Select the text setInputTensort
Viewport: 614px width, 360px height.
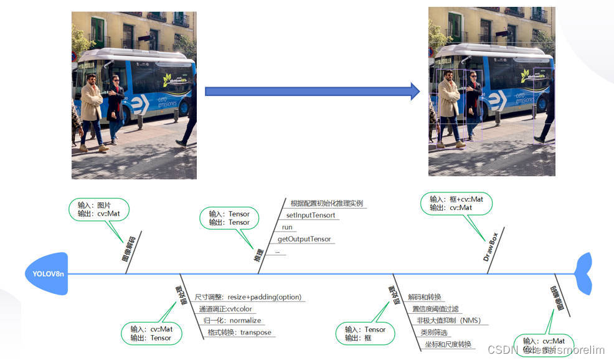pyautogui.click(x=311, y=215)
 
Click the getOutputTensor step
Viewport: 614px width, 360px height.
pyautogui.click(x=305, y=239)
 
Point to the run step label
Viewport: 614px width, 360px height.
pyautogui.click(x=287, y=227)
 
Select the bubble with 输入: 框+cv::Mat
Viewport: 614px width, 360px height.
pyautogui.click(x=456, y=203)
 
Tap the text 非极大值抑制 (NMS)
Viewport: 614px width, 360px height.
pyautogui.click(x=448, y=320)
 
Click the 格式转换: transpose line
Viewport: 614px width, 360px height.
pyautogui.click(x=240, y=332)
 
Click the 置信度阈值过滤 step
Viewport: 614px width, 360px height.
pyautogui.click(x=435, y=308)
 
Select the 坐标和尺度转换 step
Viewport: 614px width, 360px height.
pyautogui.click(x=448, y=344)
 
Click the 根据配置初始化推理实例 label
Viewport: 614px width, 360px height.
pyautogui.click(x=326, y=203)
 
